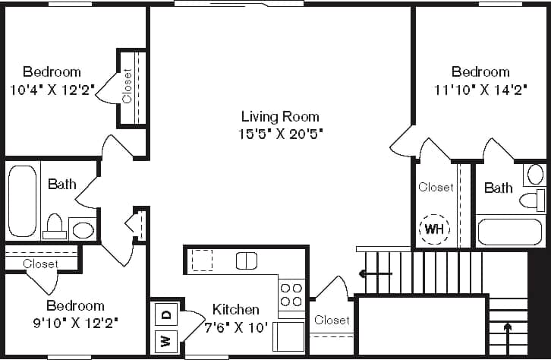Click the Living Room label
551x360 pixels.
pos(280,117)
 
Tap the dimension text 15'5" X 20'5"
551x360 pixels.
pos(280,134)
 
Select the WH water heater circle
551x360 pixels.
pos(435,228)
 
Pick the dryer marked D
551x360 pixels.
pos(166,313)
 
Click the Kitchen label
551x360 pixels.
pos(235,310)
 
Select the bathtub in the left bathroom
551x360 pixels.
pos(22,201)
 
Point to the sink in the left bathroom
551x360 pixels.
pos(83,229)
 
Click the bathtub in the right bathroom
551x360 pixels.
pos(510,231)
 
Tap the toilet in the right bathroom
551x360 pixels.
pos(533,201)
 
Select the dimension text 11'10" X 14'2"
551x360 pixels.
pos(480,89)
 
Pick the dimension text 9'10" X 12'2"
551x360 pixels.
pos(75,322)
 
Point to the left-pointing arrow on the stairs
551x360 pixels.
pos(376,273)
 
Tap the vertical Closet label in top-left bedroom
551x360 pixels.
pos(127,86)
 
